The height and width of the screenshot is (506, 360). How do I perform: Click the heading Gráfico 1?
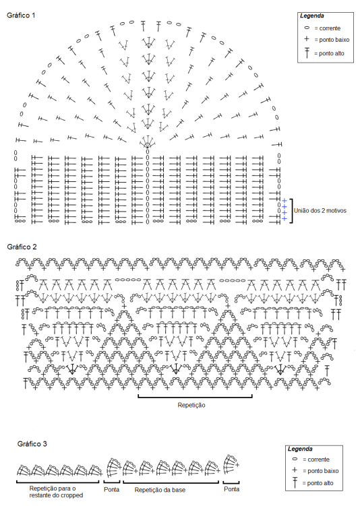click(21, 15)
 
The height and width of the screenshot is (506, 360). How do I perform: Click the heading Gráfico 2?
click(22, 247)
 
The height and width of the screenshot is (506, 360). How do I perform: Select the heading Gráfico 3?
click(32, 444)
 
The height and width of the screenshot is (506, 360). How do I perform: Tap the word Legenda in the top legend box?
click(312, 15)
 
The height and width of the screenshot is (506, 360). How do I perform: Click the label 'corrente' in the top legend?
click(330, 28)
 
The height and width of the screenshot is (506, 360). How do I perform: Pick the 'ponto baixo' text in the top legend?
click(334, 40)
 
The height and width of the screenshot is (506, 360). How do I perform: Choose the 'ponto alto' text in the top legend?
click(332, 54)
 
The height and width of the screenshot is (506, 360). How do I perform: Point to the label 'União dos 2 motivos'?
click(320, 211)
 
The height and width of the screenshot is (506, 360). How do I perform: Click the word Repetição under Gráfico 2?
click(191, 405)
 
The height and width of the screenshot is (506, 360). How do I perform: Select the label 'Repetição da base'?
click(160, 490)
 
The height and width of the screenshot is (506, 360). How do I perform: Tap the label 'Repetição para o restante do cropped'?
click(56, 492)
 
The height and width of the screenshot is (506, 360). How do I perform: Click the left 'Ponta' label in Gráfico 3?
click(111, 490)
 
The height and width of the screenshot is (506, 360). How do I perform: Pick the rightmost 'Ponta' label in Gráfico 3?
click(231, 489)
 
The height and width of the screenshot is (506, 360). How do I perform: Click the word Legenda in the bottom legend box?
click(300, 449)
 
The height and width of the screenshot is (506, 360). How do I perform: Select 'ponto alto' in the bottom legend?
click(320, 483)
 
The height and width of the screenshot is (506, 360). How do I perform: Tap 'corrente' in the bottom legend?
click(318, 460)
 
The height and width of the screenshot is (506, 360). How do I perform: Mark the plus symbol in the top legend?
click(307, 39)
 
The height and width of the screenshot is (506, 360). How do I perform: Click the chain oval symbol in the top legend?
click(307, 28)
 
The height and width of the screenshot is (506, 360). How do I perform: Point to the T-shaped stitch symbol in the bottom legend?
click(295, 482)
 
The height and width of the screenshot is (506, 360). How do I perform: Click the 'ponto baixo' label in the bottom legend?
click(323, 471)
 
